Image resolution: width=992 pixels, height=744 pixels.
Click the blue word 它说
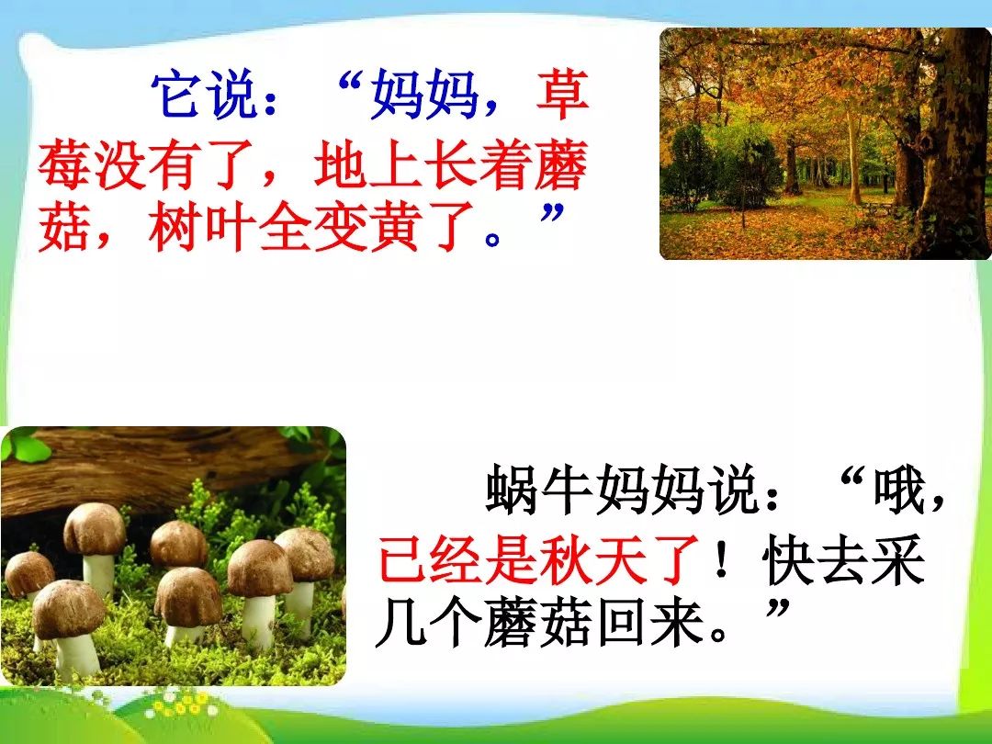(x=205, y=96)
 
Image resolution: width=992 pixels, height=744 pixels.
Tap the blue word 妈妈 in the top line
(x=423, y=96)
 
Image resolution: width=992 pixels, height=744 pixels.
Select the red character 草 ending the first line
(x=562, y=96)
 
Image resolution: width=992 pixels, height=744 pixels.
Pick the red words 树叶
(x=203, y=228)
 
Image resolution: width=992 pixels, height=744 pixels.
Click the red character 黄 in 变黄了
(x=395, y=228)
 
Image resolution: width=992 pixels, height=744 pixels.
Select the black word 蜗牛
(x=539, y=490)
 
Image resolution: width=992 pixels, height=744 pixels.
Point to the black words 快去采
(x=843, y=559)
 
